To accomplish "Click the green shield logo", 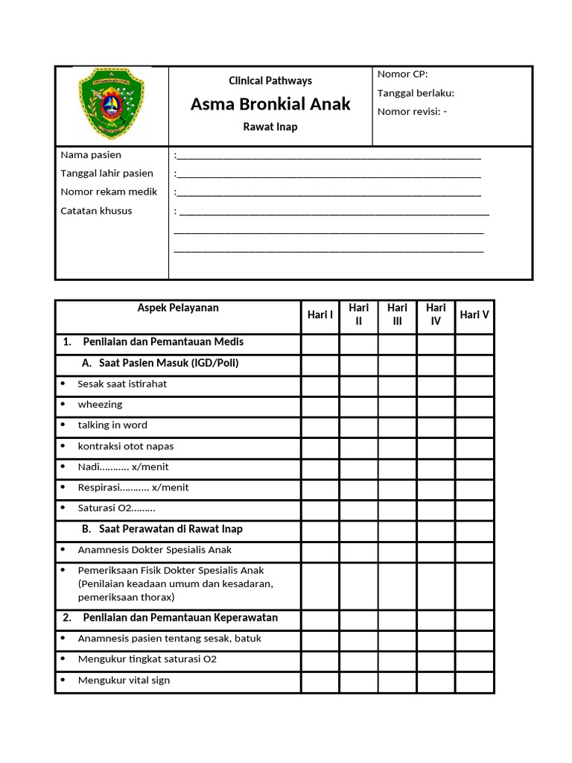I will pyautogui.click(x=112, y=104).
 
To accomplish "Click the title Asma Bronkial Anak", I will pyautogui.click(x=270, y=104).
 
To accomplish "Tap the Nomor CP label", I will pyautogui.click(x=403, y=74).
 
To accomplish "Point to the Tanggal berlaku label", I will pyautogui.click(x=416, y=93).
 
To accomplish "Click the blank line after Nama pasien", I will pyautogui.click(x=328, y=156).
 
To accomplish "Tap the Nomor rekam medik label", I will pyautogui.click(x=109, y=191).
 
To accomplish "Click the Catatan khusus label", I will pyautogui.click(x=96, y=211).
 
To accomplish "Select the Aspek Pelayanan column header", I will pyautogui.click(x=178, y=308).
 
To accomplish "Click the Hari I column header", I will pyautogui.click(x=320, y=314).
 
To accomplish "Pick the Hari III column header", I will pyautogui.click(x=398, y=314).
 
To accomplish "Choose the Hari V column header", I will pyautogui.click(x=474, y=314).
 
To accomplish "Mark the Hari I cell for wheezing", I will pyautogui.click(x=320, y=405).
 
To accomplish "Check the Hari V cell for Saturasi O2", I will pyautogui.click(x=474, y=509).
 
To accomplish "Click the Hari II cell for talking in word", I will pyautogui.click(x=359, y=426).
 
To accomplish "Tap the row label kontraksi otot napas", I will pyautogui.click(x=126, y=446).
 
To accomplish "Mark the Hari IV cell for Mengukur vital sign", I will pyautogui.click(x=436, y=681).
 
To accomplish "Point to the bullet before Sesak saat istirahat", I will pyautogui.click(x=63, y=384).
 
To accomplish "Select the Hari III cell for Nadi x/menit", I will pyautogui.click(x=398, y=467).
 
